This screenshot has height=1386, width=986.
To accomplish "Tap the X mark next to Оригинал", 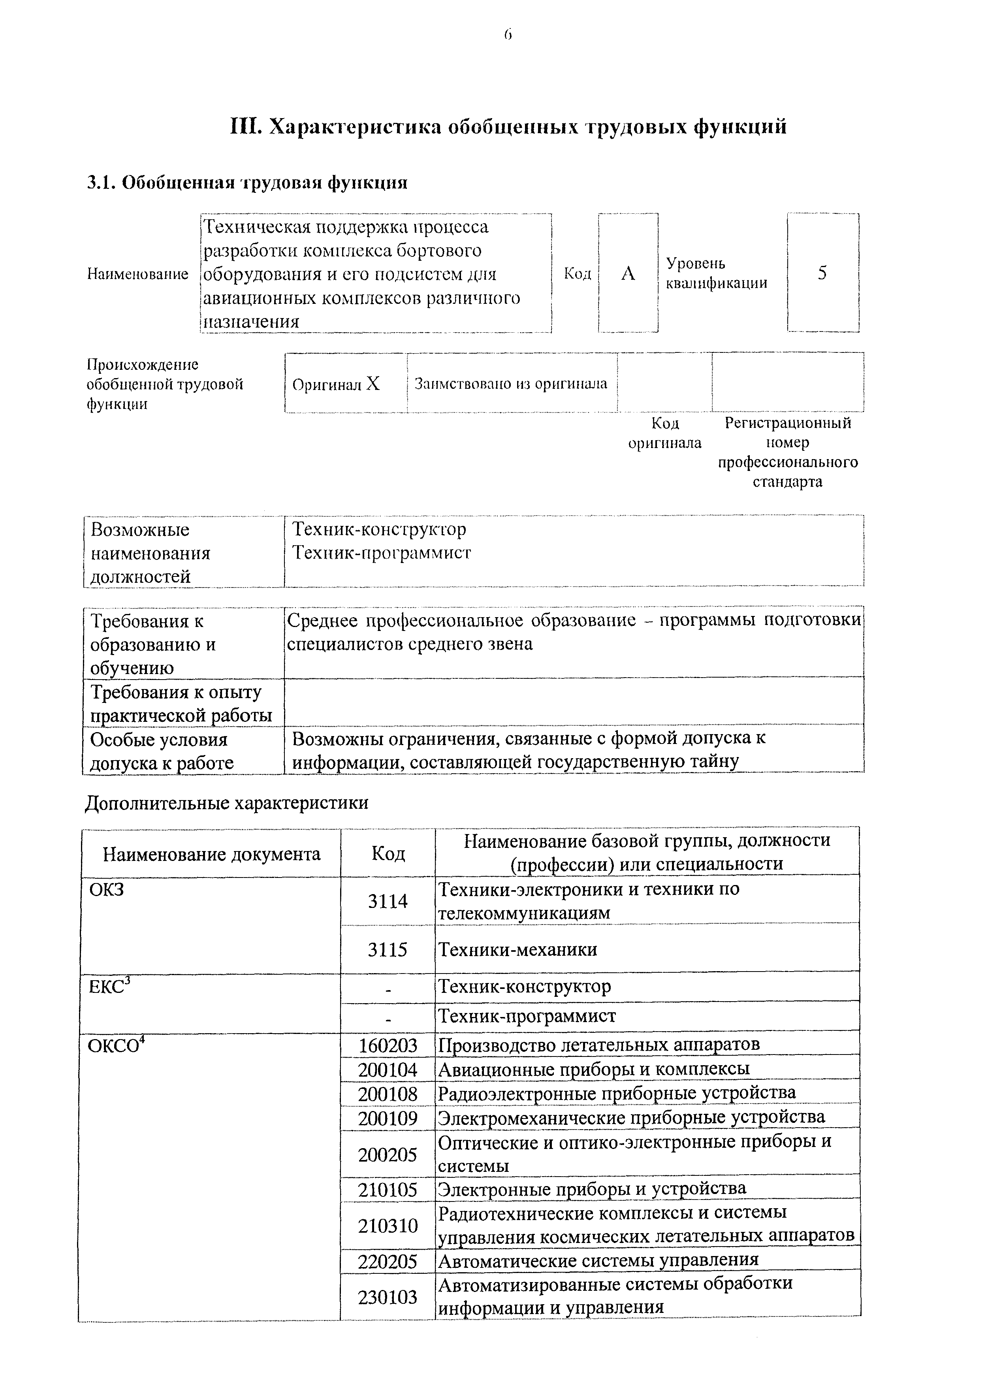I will [x=373, y=384].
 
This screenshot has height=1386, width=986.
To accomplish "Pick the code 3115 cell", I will [x=388, y=949].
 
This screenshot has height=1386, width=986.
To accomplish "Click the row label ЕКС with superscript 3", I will [x=109, y=987].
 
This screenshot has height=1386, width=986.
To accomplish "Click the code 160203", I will [x=388, y=1045].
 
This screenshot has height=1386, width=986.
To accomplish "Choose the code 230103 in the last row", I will [x=388, y=1297].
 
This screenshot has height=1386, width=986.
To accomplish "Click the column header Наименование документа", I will [x=211, y=854].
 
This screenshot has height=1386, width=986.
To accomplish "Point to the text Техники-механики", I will [x=517, y=949].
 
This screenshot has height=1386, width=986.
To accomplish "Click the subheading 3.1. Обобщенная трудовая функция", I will [x=247, y=183].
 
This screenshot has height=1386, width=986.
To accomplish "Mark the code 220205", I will [x=388, y=1262].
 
